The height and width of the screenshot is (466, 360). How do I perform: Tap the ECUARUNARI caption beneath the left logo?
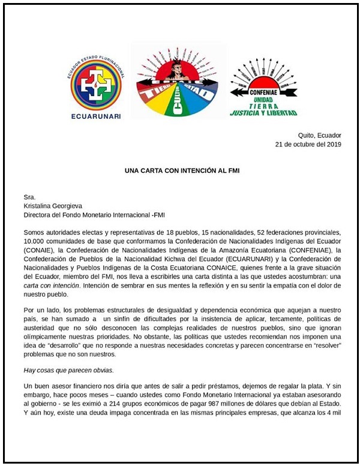(x=95, y=115)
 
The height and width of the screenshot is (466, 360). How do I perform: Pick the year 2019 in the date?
(x=332, y=145)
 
